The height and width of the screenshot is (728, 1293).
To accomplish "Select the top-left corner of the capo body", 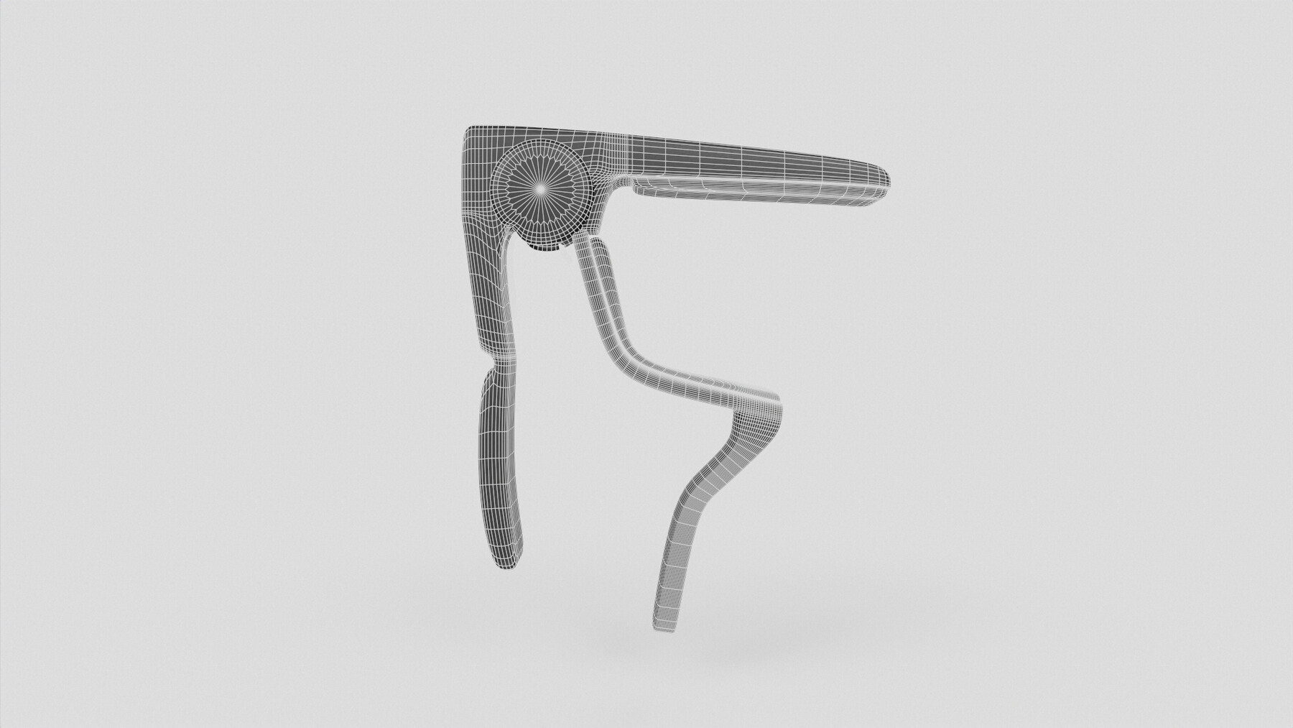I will pos(468,130).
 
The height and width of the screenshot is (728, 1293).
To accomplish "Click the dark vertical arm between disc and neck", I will pos(488,287).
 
